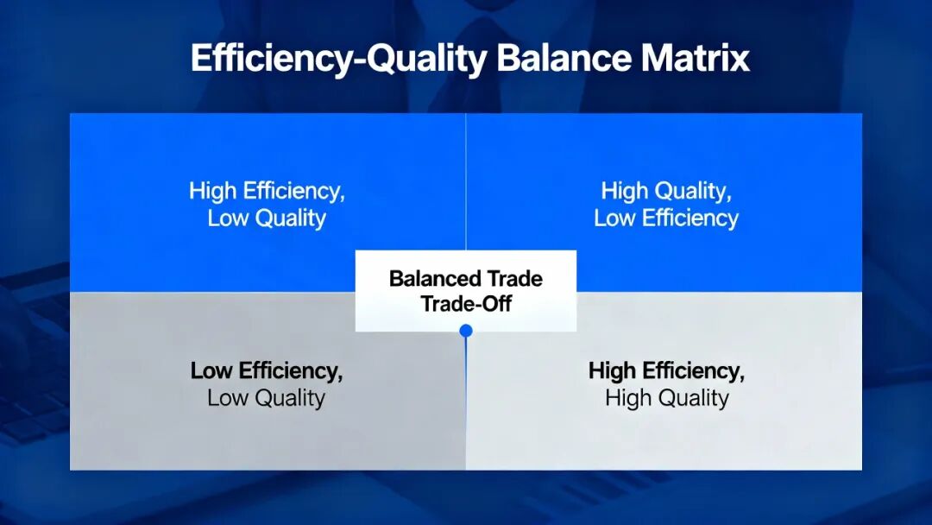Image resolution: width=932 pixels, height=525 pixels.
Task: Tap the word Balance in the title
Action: pyautogui.click(x=564, y=58)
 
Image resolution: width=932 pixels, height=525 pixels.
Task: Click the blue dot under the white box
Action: pyautogui.click(x=466, y=331)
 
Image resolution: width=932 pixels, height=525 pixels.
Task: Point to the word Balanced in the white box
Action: pyautogui.click(x=435, y=278)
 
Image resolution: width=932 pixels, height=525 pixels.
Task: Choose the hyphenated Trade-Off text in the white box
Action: pyautogui.click(x=466, y=304)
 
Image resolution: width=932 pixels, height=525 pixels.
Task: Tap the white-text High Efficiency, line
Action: pyautogui.click(x=267, y=191)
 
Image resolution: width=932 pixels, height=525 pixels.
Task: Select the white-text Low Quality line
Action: pyautogui.click(x=267, y=218)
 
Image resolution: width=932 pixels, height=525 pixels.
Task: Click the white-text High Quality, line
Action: pyautogui.click(x=666, y=191)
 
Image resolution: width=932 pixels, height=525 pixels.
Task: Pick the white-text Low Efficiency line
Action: pyautogui.click(x=666, y=218)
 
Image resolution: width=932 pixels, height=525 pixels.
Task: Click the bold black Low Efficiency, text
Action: pyautogui.click(x=267, y=371)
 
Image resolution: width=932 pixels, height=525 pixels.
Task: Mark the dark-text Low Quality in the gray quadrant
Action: pyautogui.click(x=267, y=398)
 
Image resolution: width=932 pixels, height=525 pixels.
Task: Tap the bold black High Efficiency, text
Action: pyautogui.click(x=666, y=371)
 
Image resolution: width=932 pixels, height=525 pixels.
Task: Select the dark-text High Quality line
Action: pyautogui.click(x=667, y=398)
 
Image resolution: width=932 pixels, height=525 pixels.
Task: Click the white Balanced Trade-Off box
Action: pyautogui.click(x=466, y=291)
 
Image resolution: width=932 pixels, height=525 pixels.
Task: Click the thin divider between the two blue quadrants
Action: pyautogui.click(x=466, y=182)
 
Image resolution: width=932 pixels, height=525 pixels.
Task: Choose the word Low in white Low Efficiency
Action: pyautogui.click(x=614, y=218)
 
